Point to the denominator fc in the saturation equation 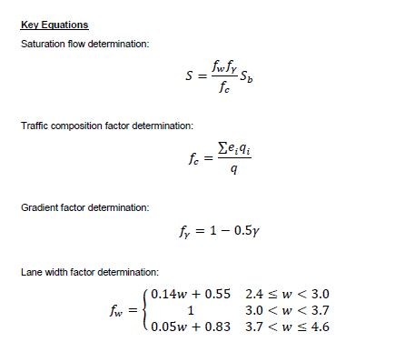click(222, 89)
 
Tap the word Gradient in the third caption click(38, 207)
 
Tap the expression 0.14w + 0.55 click(190, 296)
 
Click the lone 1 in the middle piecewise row click(190, 311)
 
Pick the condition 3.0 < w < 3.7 click(285, 311)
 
